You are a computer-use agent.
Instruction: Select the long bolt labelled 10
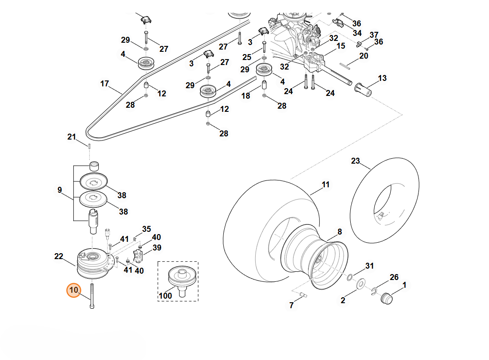(x=92, y=296)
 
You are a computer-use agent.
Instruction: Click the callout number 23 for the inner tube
(x=355, y=160)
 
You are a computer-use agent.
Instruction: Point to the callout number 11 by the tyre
(x=325, y=185)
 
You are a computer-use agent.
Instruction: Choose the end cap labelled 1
(x=386, y=300)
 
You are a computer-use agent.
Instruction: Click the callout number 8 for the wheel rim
(x=339, y=231)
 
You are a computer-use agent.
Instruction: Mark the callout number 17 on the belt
(x=105, y=84)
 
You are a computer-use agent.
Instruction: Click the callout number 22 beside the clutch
(x=59, y=256)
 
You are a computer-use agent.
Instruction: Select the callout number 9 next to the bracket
(x=60, y=190)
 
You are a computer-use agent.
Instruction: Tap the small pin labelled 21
(x=90, y=146)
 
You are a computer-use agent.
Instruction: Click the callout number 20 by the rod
(x=363, y=56)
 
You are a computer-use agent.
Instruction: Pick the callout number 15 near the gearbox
(x=341, y=46)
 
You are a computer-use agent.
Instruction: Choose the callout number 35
(x=146, y=229)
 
